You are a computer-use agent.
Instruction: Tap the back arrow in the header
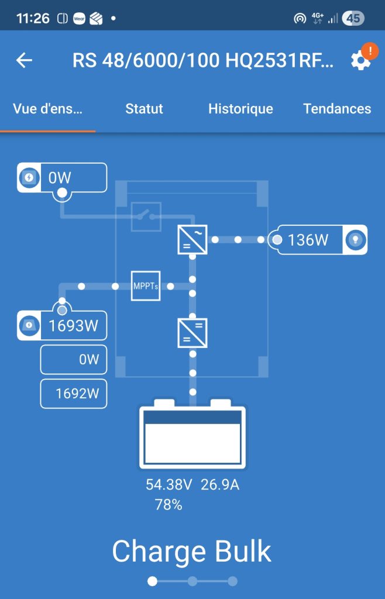point(24,60)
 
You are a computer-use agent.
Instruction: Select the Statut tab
point(144,109)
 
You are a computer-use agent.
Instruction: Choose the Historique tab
point(240,109)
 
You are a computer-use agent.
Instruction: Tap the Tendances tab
point(337,109)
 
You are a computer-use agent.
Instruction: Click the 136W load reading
point(308,240)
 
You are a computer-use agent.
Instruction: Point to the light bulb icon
point(355,240)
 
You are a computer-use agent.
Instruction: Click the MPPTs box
point(146,286)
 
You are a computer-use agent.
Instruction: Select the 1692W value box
point(74,394)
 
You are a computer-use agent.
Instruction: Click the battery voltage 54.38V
point(169,485)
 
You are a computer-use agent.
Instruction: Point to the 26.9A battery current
point(221,485)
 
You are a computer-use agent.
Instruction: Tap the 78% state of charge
point(169,505)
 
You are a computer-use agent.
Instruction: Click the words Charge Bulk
point(192,551)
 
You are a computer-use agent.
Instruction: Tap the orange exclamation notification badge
point(370,51)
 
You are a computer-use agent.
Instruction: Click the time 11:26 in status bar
point(33,18)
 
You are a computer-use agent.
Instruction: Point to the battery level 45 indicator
point(353,18)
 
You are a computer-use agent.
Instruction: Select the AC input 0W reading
point(60,177)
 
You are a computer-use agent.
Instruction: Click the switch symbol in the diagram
point(146,216)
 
